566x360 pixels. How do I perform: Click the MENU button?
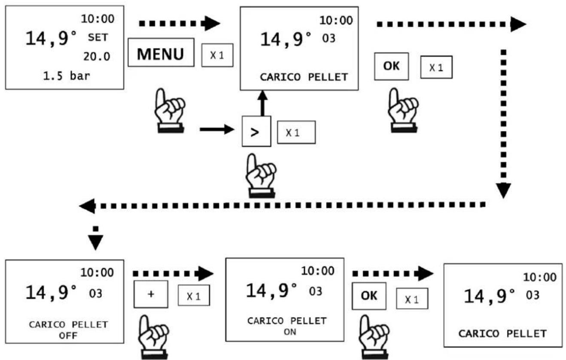pos(161,52)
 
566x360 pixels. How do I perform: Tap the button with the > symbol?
pos(256,131)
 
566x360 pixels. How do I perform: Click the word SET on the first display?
pos(98,37)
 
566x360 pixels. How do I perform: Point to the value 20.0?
pos(97,57)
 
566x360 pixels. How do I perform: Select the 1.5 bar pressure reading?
pos(67,76)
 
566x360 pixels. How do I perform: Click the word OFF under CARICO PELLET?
pos(68,336)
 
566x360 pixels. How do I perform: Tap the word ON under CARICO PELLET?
pos(290,332)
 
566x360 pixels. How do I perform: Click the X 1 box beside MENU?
pos(217,55)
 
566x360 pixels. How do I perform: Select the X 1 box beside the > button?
pos(296,133)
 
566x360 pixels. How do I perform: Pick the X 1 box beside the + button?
pos(194,296)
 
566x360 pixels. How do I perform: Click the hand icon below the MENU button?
pos(170,110)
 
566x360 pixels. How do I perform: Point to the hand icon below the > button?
pos(261,175)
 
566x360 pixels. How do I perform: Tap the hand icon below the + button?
pos(153,337)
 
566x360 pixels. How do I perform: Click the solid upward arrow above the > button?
pos(262,103)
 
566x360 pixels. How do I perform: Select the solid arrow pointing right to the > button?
pos(217,130)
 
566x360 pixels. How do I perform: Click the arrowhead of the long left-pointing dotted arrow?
pos(88,206)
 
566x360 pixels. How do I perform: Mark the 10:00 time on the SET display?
pos(97,19)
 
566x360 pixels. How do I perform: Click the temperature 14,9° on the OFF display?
pos(51,292)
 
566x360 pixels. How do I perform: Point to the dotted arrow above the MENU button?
pos(180,24)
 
